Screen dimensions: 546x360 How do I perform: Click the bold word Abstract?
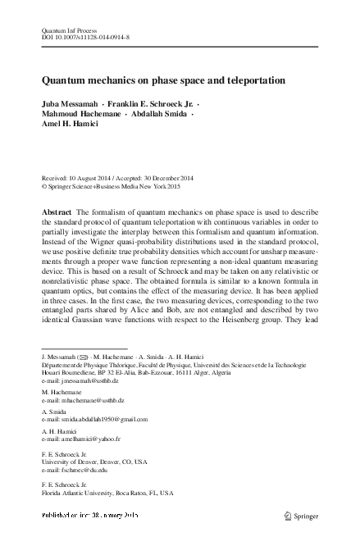click(x=57, y=212)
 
